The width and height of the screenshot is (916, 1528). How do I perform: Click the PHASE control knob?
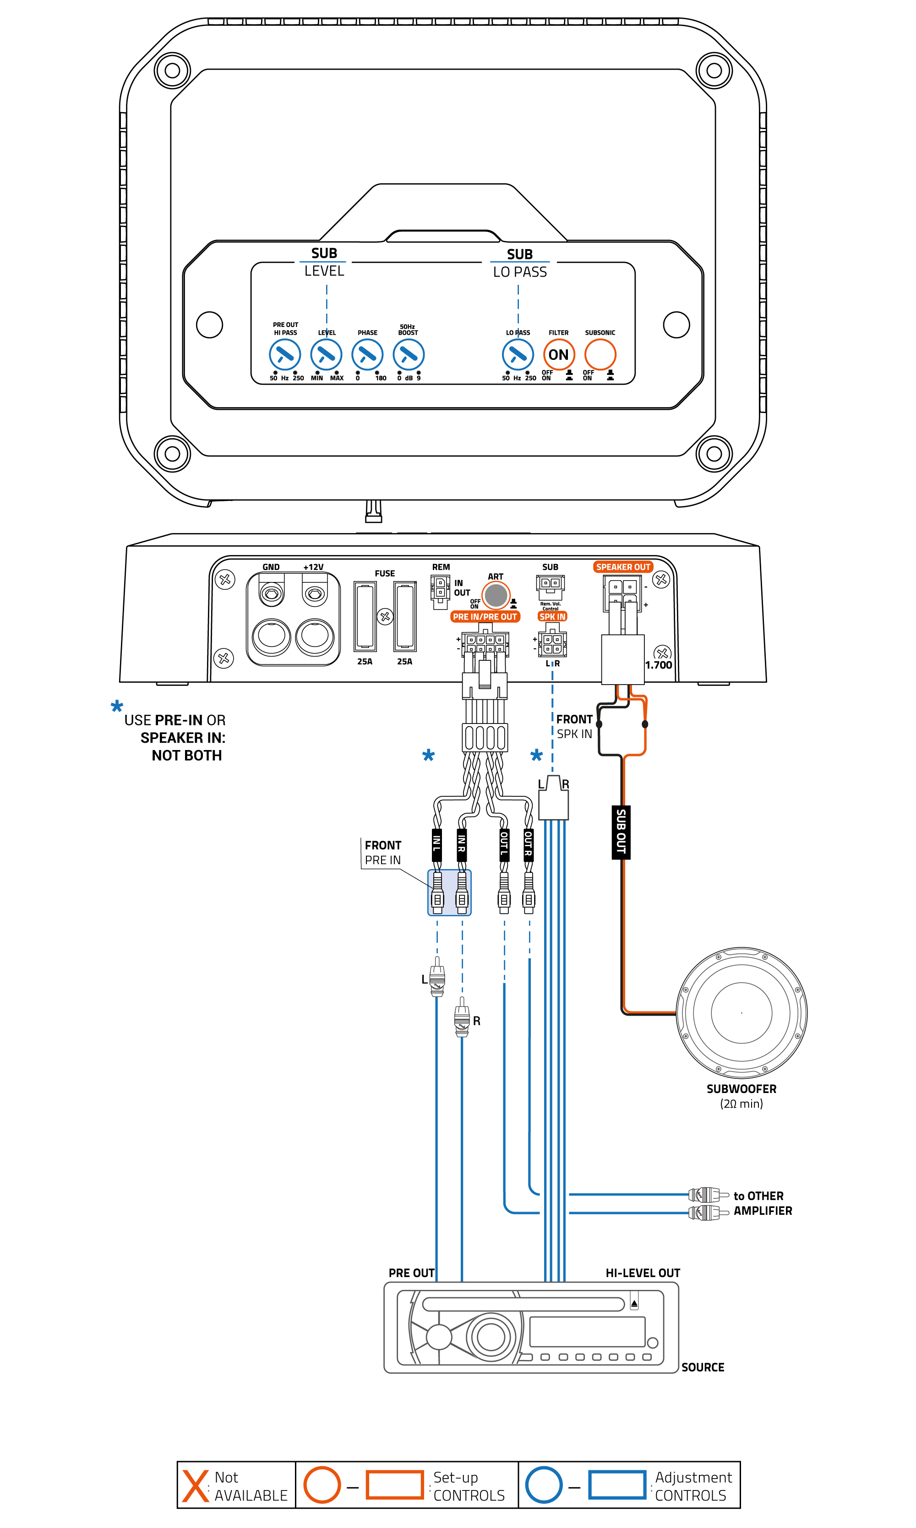click(x=367, y=355)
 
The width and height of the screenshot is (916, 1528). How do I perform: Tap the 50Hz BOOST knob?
click(x=409, y=355)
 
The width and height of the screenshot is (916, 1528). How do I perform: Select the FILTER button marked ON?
click(x=559, y=355)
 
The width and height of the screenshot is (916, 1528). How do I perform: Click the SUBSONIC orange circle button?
click(x=600, y=355)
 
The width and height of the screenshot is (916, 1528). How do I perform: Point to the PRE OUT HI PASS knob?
click(x=284, y=355)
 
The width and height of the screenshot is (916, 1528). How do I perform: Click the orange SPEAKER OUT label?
click(x=623, y=566)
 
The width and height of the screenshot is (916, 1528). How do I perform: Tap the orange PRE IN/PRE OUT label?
click(x=485, y=616)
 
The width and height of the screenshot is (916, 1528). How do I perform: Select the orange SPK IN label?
click(x=552, y=616)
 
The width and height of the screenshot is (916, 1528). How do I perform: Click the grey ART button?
click(x=495, y=596)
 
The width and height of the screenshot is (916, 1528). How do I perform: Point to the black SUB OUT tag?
click(x=621, y=832)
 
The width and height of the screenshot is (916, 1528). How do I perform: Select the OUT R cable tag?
click(x=529, y=844)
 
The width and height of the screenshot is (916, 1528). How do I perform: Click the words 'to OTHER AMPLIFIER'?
click(x=762, y=1203)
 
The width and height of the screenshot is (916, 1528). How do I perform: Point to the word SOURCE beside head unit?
click(x=703, y=1367)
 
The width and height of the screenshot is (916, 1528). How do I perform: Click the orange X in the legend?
click(x=195, y=1485)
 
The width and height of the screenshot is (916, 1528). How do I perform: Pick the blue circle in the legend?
click(x=543, y=1485)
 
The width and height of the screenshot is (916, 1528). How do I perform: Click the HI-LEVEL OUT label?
click(x=643, y=1273)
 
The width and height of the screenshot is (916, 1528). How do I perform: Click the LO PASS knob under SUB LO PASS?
click(x=518, y=355)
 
